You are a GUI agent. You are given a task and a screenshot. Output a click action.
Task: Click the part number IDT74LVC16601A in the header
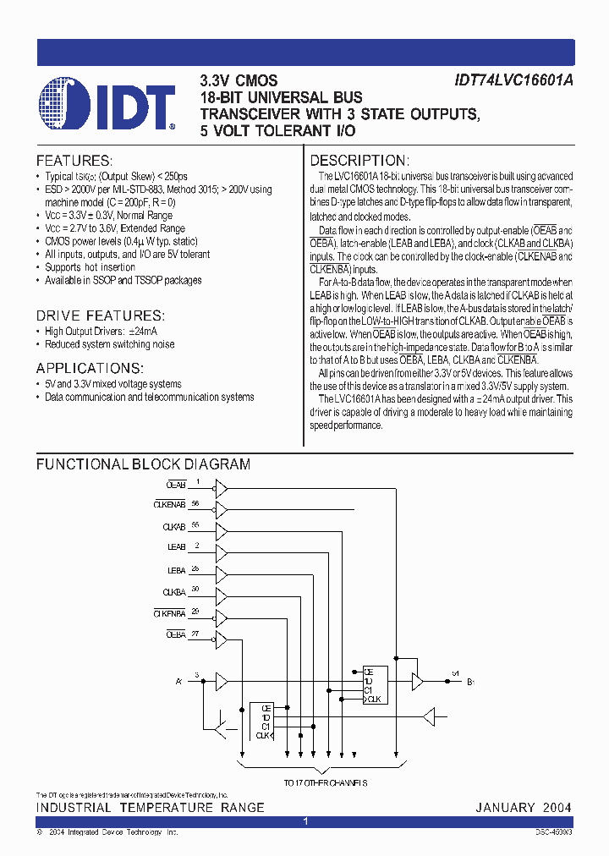click(513, 81)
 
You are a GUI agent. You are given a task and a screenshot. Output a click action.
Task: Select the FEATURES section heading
click(74, 161)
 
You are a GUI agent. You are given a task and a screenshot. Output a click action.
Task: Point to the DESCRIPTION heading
click(359, 161)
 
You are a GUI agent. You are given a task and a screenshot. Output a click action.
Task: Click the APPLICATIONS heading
click(90, 368)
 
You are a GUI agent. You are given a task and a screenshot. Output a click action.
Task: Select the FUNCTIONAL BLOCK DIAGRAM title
click(143, 464)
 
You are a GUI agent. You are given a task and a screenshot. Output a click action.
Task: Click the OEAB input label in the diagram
click(176, 486)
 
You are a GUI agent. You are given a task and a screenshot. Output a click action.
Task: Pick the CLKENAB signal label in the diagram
click(169, 505)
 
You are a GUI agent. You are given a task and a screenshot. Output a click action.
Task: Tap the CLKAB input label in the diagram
click(173, 527)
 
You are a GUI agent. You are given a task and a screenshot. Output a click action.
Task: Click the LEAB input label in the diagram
click(176, 548)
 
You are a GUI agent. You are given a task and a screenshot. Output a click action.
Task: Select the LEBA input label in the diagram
click(176, 571)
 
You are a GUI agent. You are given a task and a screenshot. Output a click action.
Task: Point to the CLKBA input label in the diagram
click(173, 593)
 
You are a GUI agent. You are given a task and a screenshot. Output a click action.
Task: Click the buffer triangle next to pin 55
click(222, 531)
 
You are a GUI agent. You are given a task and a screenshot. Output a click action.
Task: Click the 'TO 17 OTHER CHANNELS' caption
click(313, 783)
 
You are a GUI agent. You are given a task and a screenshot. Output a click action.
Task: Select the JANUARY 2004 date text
click(524, 808)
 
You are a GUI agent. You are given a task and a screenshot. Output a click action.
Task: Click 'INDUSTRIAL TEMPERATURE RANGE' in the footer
click(150, 808)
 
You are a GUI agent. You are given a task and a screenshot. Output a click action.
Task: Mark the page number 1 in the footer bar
click(305, 821)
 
